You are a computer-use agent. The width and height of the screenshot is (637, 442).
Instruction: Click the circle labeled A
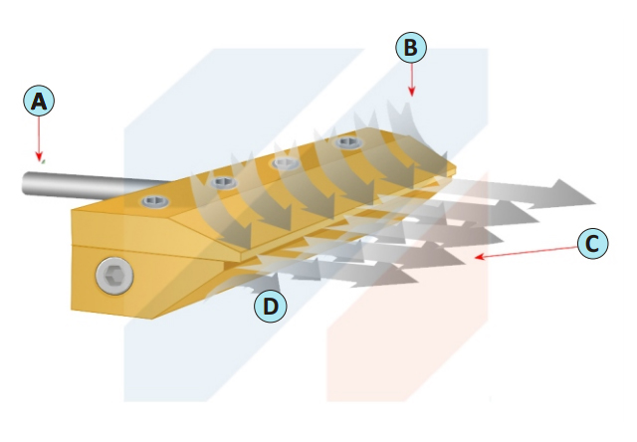(x=39, y=101)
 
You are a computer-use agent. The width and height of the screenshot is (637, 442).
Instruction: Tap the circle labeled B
(x=411, y=47)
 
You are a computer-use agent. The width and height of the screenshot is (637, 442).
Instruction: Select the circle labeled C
(x=593, y=244)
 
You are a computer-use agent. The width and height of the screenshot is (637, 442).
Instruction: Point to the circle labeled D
(x=270, y=307)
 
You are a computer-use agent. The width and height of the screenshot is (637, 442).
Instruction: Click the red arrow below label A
(x=39, y=138)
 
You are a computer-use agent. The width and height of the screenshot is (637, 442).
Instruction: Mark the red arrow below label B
(x=411, y=80)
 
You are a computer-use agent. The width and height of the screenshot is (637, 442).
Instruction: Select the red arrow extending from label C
(x=527, y=252)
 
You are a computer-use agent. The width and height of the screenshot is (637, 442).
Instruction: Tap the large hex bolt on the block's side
(x=114, y=276)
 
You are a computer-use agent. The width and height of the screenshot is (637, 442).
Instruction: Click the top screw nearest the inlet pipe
(x=155, y=201)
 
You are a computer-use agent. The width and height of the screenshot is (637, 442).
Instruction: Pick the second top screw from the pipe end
(x=224, y=182)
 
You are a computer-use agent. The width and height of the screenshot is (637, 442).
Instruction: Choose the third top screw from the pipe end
(x=287, y=163)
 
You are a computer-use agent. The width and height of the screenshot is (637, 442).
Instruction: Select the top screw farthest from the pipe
(x=348, y=141)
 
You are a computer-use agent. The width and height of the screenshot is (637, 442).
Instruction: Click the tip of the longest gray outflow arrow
(x=595, y=203)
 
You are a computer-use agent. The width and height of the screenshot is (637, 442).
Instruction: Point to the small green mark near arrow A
(x=43, y=161)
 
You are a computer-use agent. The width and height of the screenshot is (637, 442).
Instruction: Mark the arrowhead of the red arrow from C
(x=480, y=257)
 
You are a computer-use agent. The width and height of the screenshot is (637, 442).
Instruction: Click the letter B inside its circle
(x=411, y=47)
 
